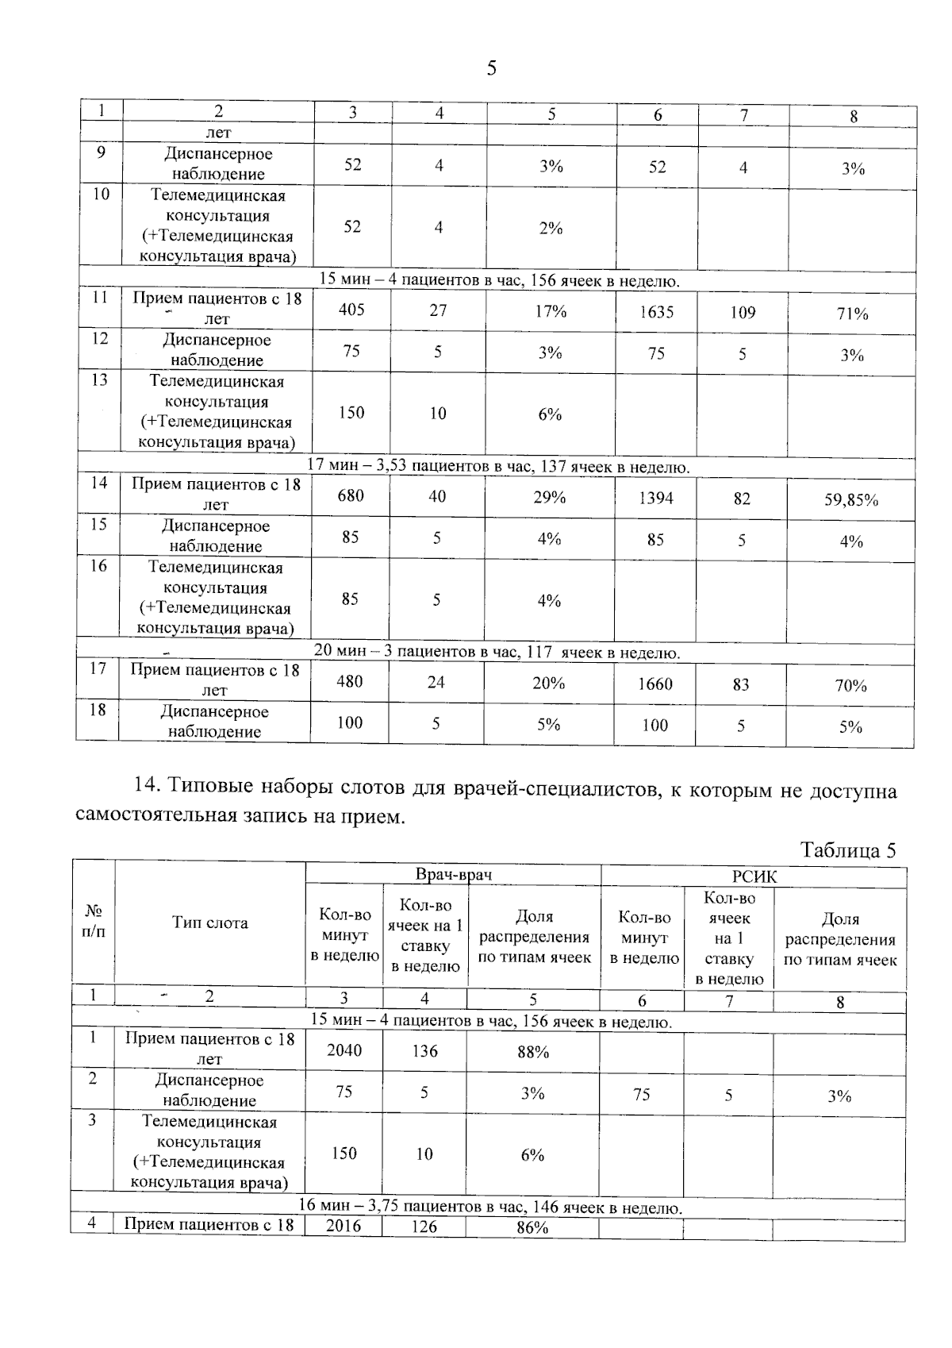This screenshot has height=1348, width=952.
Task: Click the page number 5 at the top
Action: point(491,68)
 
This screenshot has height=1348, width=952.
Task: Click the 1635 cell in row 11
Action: point(657,312)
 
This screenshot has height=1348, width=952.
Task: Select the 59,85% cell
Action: point(850,500)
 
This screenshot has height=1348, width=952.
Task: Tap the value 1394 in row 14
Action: point(655,498)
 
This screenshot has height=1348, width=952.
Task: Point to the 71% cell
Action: point(852,314)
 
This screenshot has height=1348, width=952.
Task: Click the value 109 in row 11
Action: point(743,312)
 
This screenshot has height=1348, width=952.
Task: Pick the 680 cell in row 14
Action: point(351,495)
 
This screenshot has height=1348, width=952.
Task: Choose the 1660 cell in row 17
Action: point(655,684)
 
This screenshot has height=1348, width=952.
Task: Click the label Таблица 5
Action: point(848,850)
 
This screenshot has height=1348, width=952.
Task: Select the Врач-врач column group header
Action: point(454,875)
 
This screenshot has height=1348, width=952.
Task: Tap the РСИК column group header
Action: point(754,876)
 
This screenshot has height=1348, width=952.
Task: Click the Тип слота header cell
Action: point(210,922)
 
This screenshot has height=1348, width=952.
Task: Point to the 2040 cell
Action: point(344,1050)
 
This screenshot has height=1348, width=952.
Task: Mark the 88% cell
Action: point(533,1052)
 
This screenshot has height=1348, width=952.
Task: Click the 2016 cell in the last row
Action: point(344,1226)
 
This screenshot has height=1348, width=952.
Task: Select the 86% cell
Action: point(532,1227)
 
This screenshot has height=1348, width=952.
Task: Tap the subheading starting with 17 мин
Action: point(498,466)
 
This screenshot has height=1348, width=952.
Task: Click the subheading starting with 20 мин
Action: point(497,652)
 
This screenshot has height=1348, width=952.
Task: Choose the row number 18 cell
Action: point(98,710)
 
